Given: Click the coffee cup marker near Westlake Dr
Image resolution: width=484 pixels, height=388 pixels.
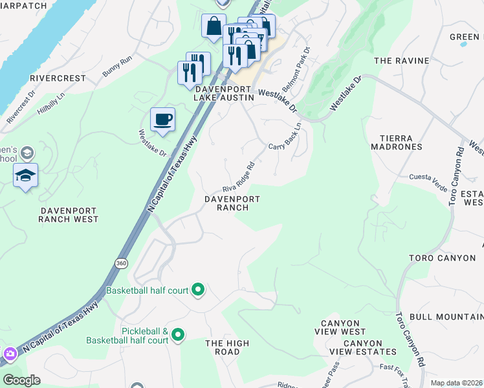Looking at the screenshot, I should point(162,120).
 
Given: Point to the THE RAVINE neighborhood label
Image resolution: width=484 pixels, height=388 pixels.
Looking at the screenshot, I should point(401,61).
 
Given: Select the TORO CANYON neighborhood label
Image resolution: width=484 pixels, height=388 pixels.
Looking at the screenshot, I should point(442,258).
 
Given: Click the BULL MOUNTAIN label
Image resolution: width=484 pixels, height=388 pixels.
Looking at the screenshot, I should point(446,316).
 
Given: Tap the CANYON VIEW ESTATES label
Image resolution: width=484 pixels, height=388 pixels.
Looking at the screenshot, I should point(369,347).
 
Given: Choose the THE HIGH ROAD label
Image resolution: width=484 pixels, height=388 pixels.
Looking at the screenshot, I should point(223,347).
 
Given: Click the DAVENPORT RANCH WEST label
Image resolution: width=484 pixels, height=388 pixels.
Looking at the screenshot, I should point(69,215).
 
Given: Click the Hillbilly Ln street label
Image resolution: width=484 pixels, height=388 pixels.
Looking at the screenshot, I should point(51,103).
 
